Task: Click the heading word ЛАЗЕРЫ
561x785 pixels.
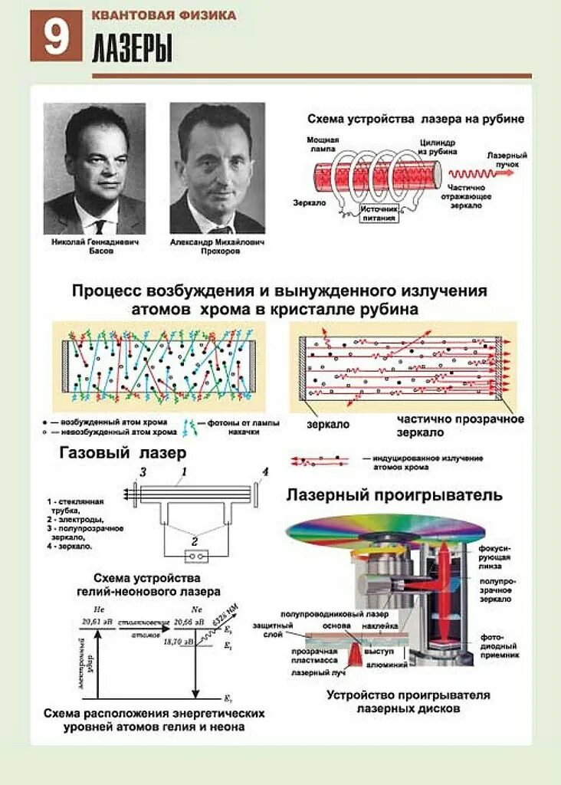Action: [x=132, y=50]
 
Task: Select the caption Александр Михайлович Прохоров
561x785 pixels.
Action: [x=217, y=246]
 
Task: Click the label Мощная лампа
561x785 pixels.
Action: [x=323, y=145]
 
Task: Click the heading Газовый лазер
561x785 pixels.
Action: [x=123, y=453]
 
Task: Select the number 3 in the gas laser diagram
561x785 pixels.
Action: [x=141, y=471]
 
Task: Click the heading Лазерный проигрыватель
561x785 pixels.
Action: [x=395, y=495]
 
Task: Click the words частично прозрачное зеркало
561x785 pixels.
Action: [x=460, y=425]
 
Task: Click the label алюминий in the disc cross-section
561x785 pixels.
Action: [x=389, y=665]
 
